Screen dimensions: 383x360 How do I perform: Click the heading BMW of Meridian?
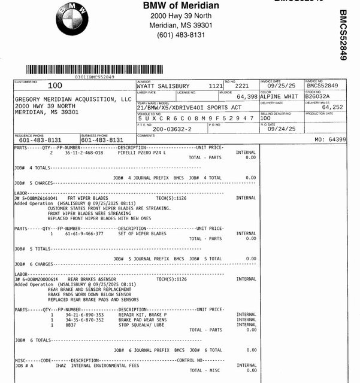point(181,6)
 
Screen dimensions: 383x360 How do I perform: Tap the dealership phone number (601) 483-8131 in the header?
point(181,35)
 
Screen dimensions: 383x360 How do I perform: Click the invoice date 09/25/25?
point(281,86)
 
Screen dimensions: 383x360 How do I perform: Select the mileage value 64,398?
point(246,96)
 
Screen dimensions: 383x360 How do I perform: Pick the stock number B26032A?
point(317,96)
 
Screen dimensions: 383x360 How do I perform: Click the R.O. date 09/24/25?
point(281,129)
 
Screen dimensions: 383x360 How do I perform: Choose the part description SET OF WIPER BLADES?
point(143,233)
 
